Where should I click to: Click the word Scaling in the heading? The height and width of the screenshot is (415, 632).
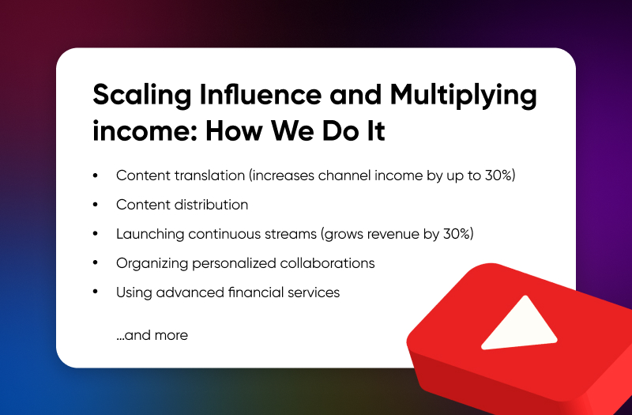tap(142, 96)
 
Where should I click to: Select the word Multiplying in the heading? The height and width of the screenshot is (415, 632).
tap(463, 96)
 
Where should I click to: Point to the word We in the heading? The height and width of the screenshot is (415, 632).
tap(292, 130)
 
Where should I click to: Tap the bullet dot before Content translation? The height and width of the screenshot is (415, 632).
tap(95, 175)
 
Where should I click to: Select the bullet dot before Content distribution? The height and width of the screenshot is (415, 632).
tap(95, 205)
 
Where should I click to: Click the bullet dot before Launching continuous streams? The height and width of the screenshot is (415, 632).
tap(95, 233)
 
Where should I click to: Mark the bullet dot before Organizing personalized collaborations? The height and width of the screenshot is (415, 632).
tap(95, 263)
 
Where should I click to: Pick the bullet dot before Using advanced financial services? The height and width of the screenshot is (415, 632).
tap(95, 292)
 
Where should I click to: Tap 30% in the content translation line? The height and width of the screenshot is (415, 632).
tap(498, 175)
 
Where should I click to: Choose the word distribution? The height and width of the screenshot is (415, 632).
tap(211, 205)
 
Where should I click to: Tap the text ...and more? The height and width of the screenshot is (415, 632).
tap(152, 335)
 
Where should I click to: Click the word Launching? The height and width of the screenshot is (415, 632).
tap(150, 234)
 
